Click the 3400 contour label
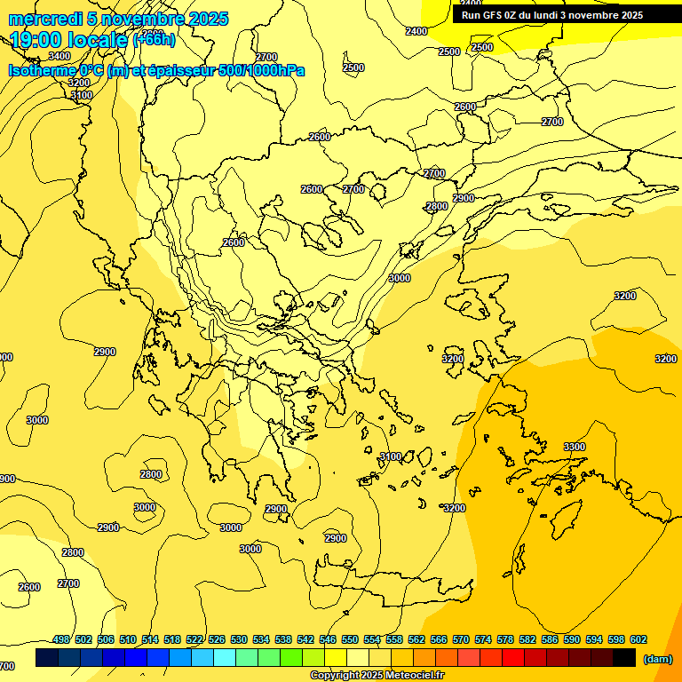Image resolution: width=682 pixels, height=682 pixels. coord(59,56)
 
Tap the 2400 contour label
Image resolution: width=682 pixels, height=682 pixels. coord(416,31)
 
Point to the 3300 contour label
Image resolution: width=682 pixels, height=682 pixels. coord(575,447)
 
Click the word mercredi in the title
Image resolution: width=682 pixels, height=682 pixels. coord(45,19)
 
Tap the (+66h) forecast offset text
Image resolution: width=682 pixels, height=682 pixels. coord(154,41)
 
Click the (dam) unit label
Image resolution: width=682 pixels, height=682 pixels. coord(657,659)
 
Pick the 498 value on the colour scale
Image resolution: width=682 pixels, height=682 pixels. coord(61,639)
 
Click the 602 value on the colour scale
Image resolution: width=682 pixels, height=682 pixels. coord(638,639)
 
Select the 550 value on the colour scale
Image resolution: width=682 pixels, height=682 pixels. coord(350,639)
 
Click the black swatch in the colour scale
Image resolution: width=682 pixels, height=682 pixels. coord(624,658)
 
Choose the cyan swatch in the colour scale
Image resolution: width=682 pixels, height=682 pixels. coord(225,658)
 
